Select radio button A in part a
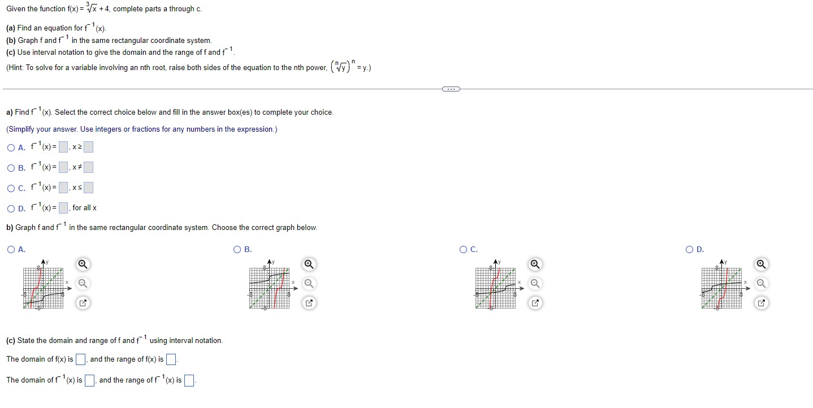(11, 148)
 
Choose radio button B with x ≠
(11, 168)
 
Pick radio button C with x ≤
(11, 188)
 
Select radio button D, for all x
(11, 209)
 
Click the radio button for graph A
(11, 250)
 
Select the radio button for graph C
(464, 250)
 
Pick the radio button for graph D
(689, 250)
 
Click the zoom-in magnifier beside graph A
(83, 264)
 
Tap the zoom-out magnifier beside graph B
(309, 284)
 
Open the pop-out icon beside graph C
(535, 303)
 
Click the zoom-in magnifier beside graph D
(761, 264)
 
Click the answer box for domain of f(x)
(80, 359)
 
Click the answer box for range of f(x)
(171, 359)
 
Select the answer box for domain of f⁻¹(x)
(89, 380)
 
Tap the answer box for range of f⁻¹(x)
(189, 380)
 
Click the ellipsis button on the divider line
(451, 89)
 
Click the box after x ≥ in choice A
(88, 148)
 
